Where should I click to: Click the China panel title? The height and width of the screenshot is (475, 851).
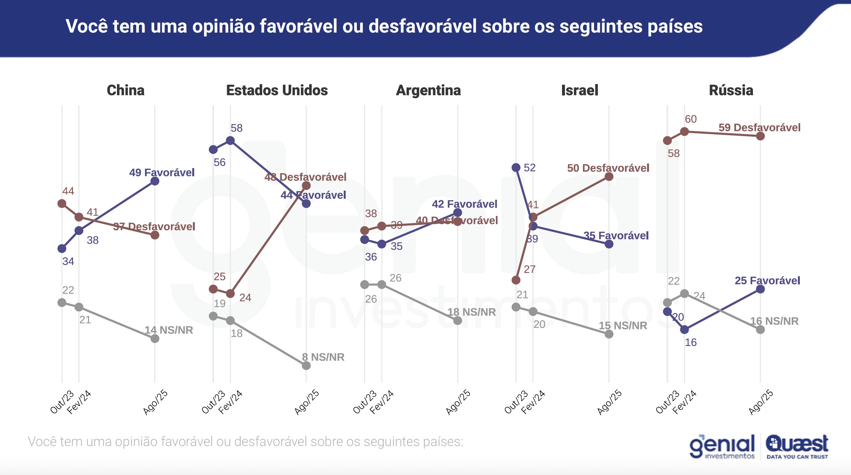[125, 90]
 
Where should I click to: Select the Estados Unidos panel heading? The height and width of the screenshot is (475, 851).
[277, 90]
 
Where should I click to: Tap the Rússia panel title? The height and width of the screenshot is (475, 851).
[731, 90]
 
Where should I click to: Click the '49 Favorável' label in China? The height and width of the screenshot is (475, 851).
[162, 172]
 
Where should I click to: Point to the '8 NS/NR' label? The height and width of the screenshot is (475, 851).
[323, 357]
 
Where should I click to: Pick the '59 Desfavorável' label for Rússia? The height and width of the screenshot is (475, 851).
[759, 127]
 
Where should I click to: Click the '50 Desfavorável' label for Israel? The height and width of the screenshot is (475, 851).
[608, 168]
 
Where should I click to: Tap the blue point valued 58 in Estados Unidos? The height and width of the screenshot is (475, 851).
[230, 141]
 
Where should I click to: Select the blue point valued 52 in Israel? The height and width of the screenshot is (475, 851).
[516, 167]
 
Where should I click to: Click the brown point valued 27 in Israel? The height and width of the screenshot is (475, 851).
[516, 280]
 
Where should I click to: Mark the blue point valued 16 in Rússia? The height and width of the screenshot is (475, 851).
[685, 329]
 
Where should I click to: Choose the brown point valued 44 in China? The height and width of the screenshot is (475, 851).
[62, 204]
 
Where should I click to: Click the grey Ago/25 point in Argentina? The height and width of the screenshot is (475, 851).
[457, 320]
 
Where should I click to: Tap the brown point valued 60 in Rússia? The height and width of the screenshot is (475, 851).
[685, 132]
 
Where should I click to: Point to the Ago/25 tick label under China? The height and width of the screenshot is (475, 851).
[155, 402]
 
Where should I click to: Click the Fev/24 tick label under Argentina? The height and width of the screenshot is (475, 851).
[382, 402]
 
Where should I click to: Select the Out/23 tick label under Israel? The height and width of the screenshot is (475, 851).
[516, 402]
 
